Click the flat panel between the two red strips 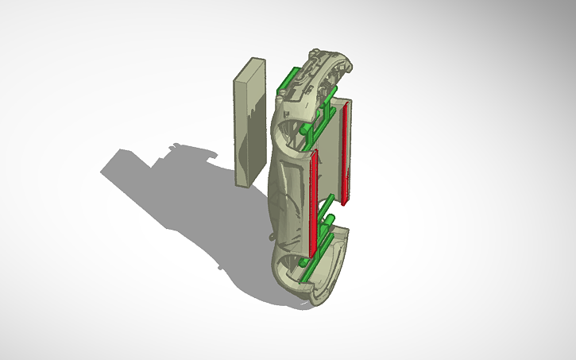tap(329, 159)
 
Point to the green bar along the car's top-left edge tap(287, 80)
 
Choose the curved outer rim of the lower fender tap(334, 278)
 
